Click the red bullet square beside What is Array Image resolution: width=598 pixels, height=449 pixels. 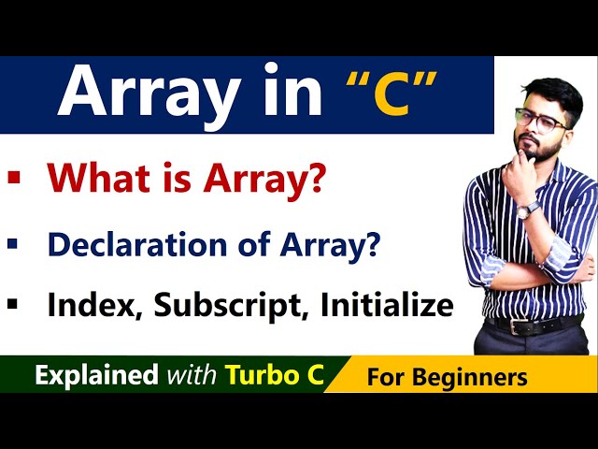coord(12,177)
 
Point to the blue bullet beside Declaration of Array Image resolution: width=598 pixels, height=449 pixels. coord(12,243)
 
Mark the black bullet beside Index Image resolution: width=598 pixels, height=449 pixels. coord(12,304)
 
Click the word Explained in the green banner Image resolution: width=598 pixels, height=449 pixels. coord(96,376)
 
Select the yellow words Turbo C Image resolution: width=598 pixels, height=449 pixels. coord(274,375)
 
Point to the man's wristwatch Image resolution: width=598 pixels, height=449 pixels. coord(528,210)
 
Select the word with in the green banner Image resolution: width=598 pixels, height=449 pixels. coord(192,376)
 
